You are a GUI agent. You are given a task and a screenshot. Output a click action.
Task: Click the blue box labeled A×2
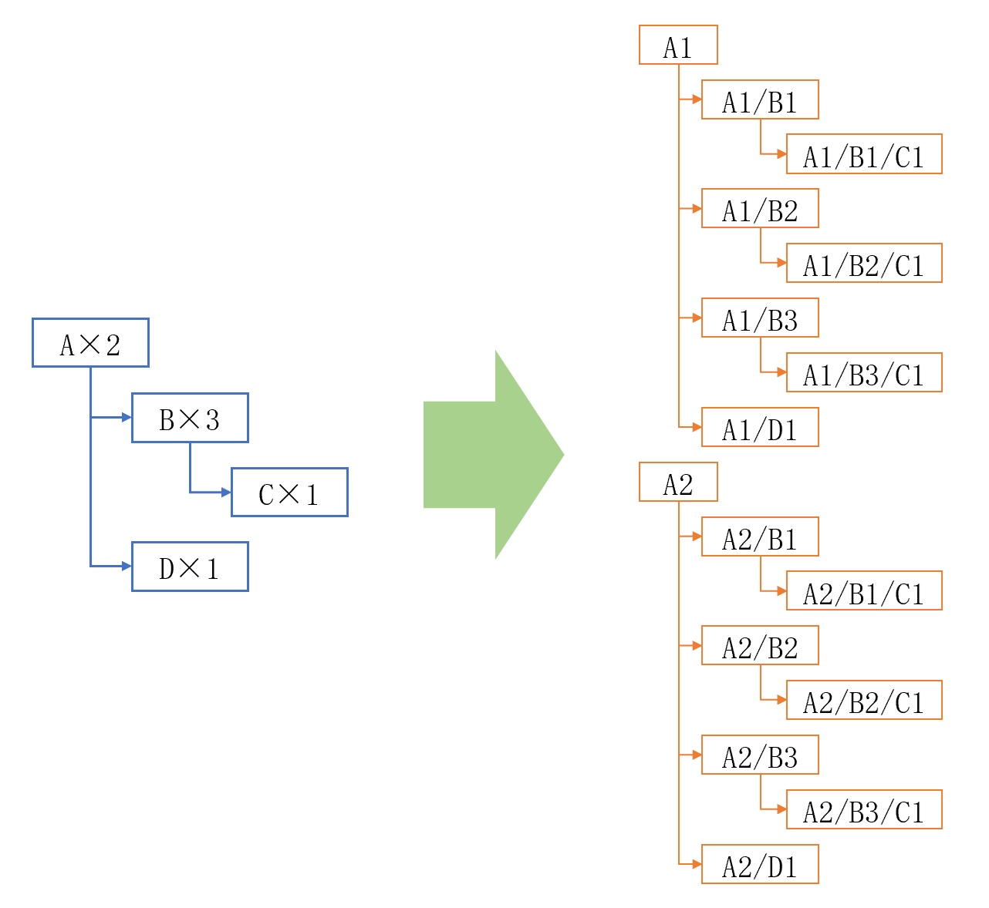[x=90, y=343]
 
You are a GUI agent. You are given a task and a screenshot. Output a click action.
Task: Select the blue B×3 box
[x=190, y=418]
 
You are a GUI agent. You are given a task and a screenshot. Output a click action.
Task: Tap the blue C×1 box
[x=289, y=492]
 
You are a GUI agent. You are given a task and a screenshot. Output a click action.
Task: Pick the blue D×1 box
[x=190, y=567]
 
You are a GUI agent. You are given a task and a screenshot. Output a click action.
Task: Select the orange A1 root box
[x=678, y=45]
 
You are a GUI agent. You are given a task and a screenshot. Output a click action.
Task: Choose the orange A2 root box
[x=678, y=483]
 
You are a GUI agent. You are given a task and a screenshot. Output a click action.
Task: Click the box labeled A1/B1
[x=760, y=100]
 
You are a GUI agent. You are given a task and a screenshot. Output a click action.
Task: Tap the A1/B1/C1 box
[x=864, y=154]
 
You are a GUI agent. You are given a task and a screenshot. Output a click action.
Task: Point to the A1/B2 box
[x=760, y=209]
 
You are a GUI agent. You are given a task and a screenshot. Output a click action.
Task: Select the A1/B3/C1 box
[x=864, y=372]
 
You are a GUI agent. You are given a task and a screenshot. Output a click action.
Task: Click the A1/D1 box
[x=760, y=427]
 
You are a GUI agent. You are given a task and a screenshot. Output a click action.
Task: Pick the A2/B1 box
[x=760, y=536]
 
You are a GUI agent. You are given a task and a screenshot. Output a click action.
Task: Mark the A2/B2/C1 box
[x=864, y=700]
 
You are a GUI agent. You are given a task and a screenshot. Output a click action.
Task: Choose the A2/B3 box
[x=760, y=755]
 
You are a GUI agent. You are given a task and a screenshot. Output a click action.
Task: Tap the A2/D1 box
[x=760, y=865]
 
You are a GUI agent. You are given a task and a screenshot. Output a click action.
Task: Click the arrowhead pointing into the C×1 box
[x=226, y=492]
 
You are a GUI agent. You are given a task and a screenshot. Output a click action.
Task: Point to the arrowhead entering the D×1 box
[x=127, y=567]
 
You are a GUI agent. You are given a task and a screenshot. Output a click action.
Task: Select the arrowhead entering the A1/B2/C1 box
[x=781, y=263]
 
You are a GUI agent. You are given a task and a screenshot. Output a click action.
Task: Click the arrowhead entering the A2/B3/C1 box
[x=781, y=809]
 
